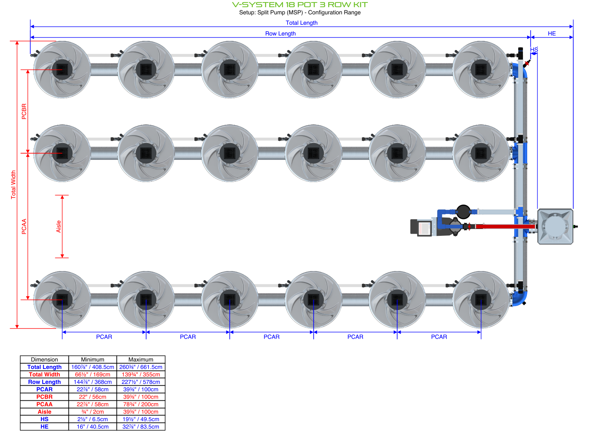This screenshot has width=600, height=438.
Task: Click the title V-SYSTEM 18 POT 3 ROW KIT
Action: (300, 5)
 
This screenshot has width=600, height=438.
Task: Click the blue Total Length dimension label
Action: (301, 23)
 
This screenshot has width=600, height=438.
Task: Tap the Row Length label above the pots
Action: (280, 33)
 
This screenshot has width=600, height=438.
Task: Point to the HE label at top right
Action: (552, 33)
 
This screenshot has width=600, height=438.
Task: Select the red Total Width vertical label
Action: (14, 185)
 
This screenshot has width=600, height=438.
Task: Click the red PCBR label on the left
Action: (24, 111)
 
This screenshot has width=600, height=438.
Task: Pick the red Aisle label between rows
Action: (59, 227)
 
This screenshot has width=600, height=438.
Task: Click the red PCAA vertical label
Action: (24, 227)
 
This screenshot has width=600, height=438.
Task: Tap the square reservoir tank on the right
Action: (555, 227)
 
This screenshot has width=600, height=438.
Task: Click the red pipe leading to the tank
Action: (502, 226)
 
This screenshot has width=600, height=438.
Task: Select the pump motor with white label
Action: (421, 228)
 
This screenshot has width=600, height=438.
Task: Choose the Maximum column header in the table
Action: (141, 360)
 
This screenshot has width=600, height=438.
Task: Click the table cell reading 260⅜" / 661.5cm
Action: (141, 367)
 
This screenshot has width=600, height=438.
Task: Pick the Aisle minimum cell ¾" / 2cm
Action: (93, 412)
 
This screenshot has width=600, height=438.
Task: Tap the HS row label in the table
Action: (44, 419)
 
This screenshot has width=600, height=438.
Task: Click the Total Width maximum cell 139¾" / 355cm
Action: (141, 375)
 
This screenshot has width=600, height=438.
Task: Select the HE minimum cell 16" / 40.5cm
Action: (93, 427)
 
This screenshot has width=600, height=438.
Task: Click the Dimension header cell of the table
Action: (44, 360)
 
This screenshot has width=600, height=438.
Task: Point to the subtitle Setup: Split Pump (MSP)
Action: (300, 13)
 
